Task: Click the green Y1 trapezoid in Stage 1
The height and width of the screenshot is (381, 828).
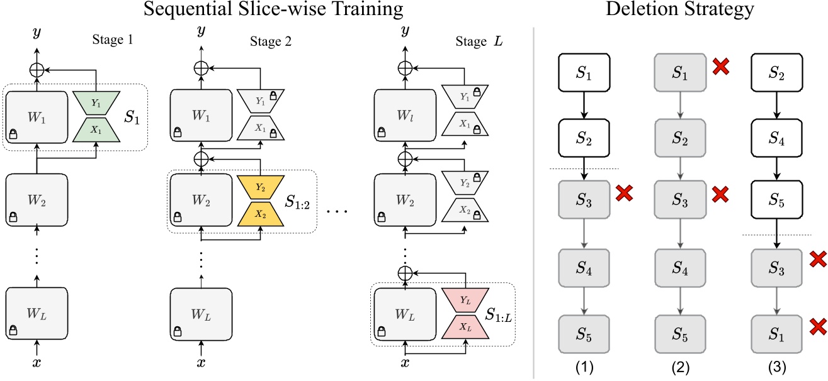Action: pos(96,101)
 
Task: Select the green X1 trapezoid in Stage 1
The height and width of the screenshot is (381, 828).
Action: pos(96,128)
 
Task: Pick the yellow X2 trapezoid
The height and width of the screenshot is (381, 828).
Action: pos(261,214)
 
